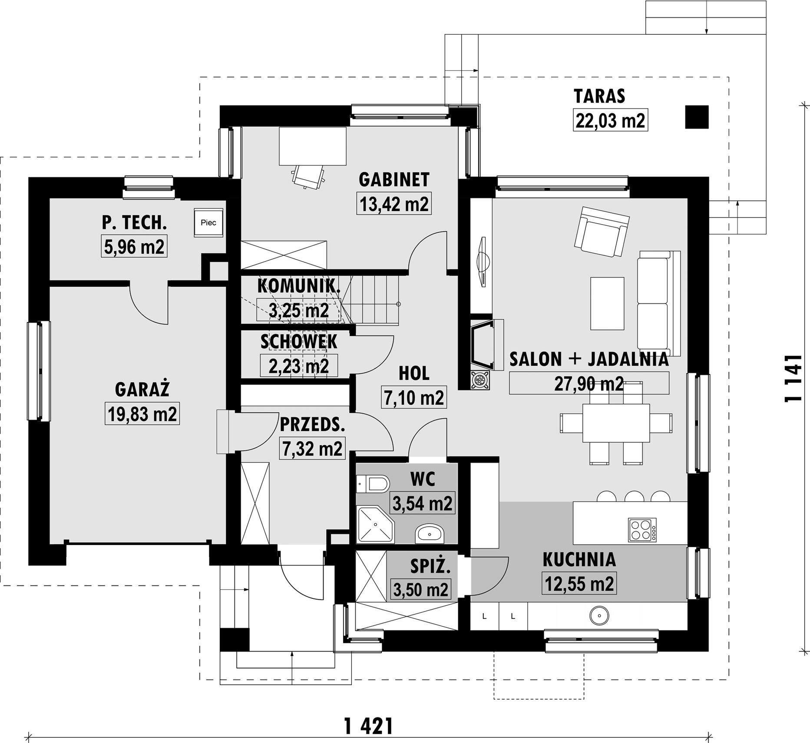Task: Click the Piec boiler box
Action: [x=208, y=222]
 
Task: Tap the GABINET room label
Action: [x=394, y=180]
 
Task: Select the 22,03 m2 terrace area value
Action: [x=610, y=120]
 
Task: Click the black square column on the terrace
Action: [x=697, y=117]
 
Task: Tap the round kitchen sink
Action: [x=599, y=616]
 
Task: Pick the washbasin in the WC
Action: [x=429, y=533]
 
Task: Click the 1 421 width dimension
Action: [x=369, y=726]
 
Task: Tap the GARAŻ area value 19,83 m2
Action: [x=142, y=413]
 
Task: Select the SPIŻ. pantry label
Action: [x=430, y=566]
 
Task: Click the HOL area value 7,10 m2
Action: [x=414, y=397]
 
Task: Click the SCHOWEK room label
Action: [x=299, y=342]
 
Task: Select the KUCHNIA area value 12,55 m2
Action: [x=579, y=583]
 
